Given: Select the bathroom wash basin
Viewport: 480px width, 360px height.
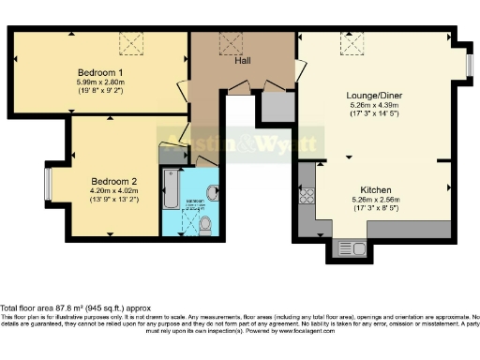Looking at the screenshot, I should (212, 191).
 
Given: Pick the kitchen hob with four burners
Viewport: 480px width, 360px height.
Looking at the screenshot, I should (307, 196).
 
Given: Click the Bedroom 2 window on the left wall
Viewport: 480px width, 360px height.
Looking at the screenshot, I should (47, 184).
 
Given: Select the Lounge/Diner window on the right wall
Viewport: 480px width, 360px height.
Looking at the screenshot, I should (470, 65).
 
